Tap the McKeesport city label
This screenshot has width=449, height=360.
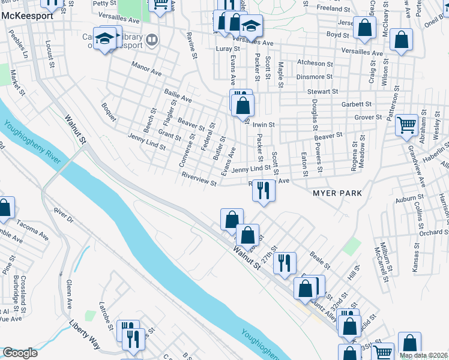(x=27, y=16)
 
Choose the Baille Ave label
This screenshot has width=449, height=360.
(x=178, y=95)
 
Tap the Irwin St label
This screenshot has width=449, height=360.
(x=263, y=125)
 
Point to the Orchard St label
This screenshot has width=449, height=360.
(x=435, y=232)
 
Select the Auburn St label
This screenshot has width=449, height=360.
(x=409, y=196)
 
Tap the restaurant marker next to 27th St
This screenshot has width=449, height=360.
(x=285, y=262)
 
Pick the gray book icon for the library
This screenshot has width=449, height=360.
(x=152, y=40)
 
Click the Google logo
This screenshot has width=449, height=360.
(x=20, y=353)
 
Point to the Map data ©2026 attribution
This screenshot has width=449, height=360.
(x=424, y=355)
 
